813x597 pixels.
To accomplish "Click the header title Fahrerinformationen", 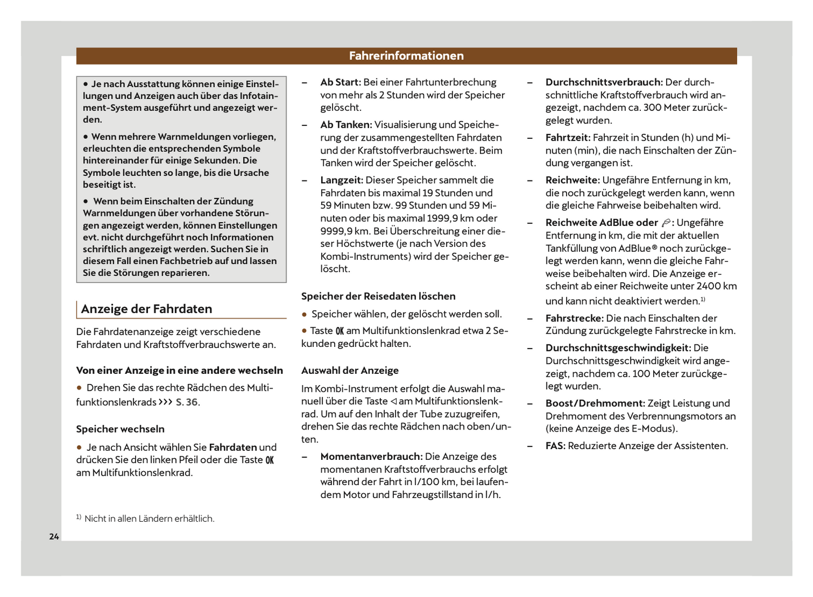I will (406, 56).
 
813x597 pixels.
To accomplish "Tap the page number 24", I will (54, 536).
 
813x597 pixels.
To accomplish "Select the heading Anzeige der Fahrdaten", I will (146, 309).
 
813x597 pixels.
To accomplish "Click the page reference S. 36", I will (187, 402).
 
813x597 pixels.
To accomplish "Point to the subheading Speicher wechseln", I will (120, 429).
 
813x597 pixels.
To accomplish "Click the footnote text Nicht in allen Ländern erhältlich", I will (149, 518).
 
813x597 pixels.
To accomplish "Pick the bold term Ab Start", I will (340, 82).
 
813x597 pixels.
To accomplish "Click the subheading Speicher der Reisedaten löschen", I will (378, 296).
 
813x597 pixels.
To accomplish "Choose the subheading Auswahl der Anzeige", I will (350, 370).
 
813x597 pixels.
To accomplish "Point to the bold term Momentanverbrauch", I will (371, 456).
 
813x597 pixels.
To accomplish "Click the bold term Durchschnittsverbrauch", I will (604, 82).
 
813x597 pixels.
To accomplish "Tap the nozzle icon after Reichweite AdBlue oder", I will (666, 223).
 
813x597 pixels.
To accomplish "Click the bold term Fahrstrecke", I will (574, 318).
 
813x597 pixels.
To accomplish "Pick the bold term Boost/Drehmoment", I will (595, 403).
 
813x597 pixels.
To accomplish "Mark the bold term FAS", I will (555, 446).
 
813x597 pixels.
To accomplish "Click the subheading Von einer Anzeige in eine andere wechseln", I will (179, 370).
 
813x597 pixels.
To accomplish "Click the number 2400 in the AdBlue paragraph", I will (708, 286).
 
